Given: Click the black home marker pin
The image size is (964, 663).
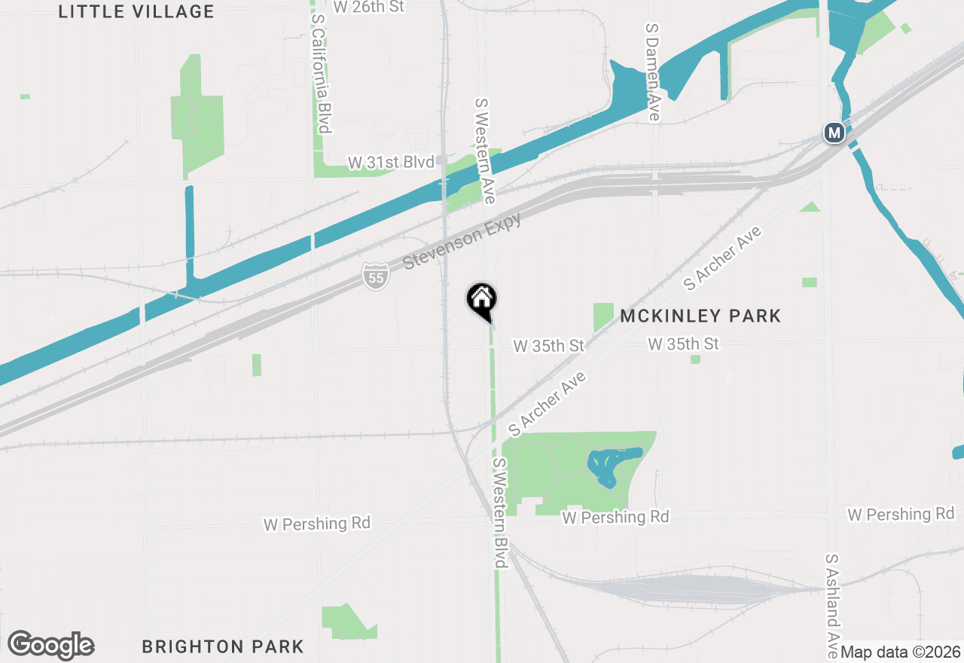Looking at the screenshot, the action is (481, 301).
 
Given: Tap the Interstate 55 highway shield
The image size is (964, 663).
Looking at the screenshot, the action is (375, 277).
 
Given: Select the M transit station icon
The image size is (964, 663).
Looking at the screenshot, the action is (834, 133).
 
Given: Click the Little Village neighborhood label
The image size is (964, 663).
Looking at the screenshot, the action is (136, 12).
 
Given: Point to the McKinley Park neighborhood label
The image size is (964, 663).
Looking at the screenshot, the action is (700, 316).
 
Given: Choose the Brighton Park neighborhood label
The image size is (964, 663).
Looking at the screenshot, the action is (223, 646).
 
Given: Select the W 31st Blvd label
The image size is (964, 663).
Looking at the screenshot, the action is (391, 162).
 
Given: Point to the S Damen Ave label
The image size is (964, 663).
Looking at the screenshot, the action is (652, 71).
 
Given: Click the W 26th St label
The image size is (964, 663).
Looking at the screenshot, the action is (368, 7).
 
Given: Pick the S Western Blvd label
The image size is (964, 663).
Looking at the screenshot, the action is (501, 512).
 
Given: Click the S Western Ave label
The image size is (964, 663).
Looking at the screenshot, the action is (484, 150).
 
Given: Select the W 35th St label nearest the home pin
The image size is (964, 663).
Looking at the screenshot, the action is (548, 346).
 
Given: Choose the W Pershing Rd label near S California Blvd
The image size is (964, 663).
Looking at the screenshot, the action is (317, 523).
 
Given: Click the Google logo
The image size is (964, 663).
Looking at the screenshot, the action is (50, 646).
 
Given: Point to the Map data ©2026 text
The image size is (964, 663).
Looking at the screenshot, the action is (901, 652).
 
